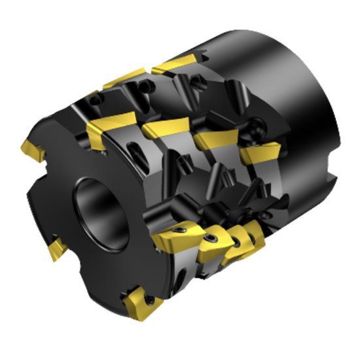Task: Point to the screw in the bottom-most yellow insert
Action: coord(149,299)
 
